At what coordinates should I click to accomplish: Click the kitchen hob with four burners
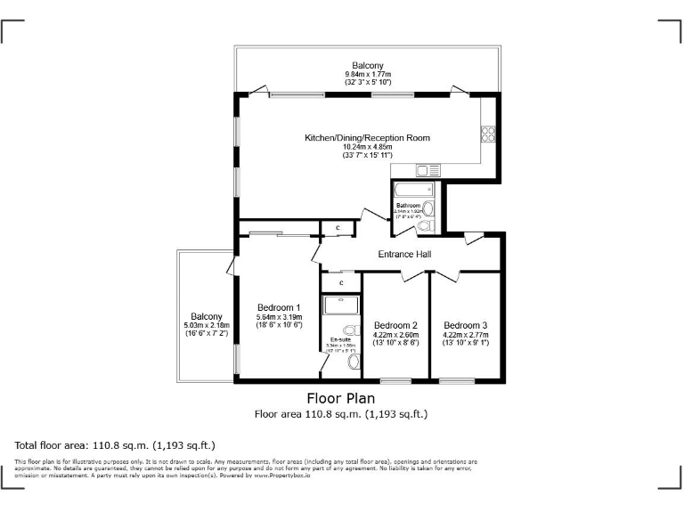pyautogui.click(x=488, y=134)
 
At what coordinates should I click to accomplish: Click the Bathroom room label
pyautogui.click(x=408, y=206)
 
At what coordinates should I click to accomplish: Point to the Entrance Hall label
pyautogui.click(x=404, y=254)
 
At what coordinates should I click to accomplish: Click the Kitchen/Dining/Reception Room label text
pyautogui.click(x=367, y=138)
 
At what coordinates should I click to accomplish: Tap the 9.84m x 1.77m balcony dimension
pyautogui.click(x=367, y=74)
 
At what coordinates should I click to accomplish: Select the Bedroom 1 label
pyautogui.click(x=279, y=306)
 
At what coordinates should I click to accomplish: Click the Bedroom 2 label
pyautogui.click(x=395, y=325)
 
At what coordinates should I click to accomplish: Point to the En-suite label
pyautogui.click(x=340, y=339)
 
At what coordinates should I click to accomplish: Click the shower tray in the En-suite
pyautogui.click(x=339, y=305)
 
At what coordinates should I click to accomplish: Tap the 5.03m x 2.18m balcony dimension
pyautogui.click(x=207, y=325)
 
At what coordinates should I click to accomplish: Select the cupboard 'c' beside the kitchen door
pyautogui.click(x=338, y=229)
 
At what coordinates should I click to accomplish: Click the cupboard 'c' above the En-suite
pyautogui.click(x=341, y=282)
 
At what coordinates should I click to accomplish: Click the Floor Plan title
pyautogui.click(x=341, y=398)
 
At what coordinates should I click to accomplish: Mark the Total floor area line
pyautogui.click(x=115, y=444)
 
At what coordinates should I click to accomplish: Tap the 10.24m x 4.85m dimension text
pyautogui.click(x=367, y=147)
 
